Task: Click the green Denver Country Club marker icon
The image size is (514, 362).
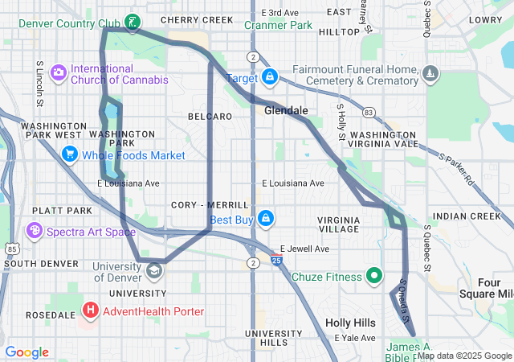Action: point(133,22)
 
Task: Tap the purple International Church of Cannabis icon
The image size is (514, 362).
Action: point(59,73)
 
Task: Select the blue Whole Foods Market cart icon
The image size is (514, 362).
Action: point(70,154)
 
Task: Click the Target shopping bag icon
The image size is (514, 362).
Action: point(271,77)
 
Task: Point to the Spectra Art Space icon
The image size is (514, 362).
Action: point(35,232)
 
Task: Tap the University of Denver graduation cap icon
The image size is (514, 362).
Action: point(154,270)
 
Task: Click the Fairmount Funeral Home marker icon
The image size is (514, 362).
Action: point(431,75)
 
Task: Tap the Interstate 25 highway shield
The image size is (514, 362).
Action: point(275,261)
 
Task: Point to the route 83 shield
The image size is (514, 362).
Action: point(368,112)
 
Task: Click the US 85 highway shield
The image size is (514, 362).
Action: point(12,249)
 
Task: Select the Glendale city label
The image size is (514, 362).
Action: point(286,110)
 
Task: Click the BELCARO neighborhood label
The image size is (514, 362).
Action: point(210,117)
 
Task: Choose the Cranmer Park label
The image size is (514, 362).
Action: point(279,25)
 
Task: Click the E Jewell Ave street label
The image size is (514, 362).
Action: point(304,249)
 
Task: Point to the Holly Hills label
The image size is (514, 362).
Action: point(350,323)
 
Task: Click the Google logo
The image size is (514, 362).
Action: point(27,352)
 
